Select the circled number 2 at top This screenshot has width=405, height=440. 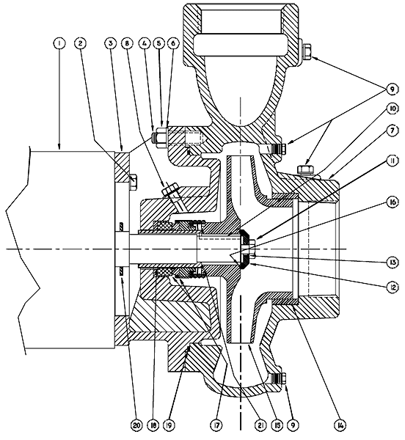(x=79, y=43)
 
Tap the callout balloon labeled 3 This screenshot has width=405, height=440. (x=110, y=43)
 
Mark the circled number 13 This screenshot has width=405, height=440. (x=393, y=260)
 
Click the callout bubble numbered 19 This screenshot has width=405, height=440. (x=183, y=423)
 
